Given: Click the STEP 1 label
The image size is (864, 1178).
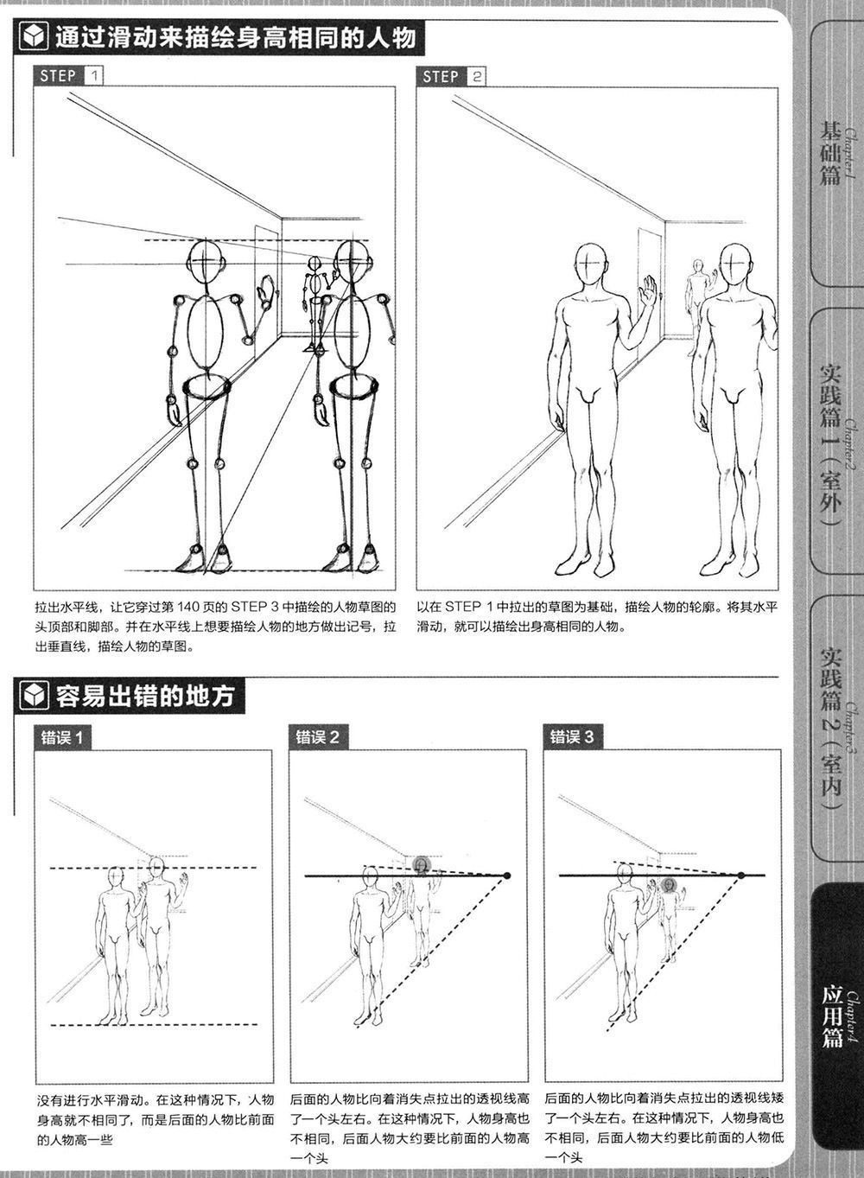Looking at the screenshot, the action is pyautogui.click(x=68, y=76).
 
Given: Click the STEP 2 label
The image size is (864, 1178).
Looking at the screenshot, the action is pyautogui.click(x=451, y=77).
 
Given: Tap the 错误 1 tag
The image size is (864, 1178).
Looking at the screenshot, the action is pyautogui.click(x=62, y=738).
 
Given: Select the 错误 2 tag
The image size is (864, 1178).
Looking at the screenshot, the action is pyautogui.click(x=317, y=737).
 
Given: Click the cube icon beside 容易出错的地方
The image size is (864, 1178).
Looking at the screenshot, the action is pyautogui.click(x=33, y=697).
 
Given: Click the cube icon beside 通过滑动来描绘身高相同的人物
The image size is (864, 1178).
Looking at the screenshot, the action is pyautogui.click(x=33, y=38).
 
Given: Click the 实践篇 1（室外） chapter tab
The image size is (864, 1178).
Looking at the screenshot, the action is pyautogui.click(x=836, y=441).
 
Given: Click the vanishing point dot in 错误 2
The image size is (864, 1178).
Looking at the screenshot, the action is pyautogui.click(x=507, y=876).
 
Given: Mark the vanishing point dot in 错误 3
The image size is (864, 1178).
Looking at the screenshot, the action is pyautogui.click(x=741, y=876).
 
